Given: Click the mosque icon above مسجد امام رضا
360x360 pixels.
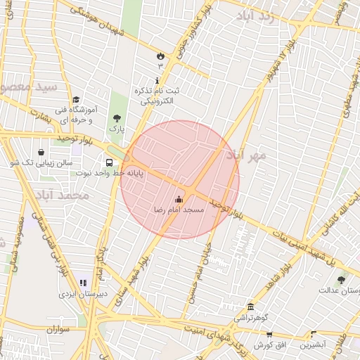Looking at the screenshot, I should (x=179, y=199).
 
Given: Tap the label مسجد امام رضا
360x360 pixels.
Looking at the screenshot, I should (x=179, y=210).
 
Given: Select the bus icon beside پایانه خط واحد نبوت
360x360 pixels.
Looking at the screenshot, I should (x=109, y=162).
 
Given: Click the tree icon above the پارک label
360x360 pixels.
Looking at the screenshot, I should (x=116, y=119).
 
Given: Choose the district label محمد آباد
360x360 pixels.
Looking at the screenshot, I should (x=61, y=194).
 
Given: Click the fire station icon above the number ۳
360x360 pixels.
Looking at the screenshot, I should (x=160, y=55).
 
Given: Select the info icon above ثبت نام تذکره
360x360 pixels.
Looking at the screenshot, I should (x=156, y=81).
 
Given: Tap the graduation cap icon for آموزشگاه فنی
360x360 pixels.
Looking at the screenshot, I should (x=76, y=99).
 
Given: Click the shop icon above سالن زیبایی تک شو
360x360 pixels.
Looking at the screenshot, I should (x=41, y=152).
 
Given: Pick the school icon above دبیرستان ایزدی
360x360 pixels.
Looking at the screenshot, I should (x=83, y=283).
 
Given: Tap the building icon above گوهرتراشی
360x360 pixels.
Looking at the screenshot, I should (x=251, y=307).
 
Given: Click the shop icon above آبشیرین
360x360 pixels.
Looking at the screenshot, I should (x=313, y=335).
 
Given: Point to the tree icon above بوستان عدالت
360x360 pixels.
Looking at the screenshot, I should (x=341, y=280).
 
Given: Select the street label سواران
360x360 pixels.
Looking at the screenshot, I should (x=60, y=328).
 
